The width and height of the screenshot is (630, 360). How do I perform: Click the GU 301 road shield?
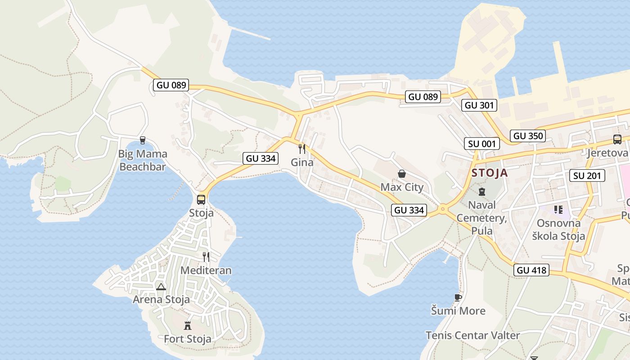480,106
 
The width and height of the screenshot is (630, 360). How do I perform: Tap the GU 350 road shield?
528,136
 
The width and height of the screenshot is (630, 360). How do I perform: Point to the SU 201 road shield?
588,175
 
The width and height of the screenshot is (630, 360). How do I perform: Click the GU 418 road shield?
531,270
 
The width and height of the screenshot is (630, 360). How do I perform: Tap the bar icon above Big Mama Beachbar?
143,140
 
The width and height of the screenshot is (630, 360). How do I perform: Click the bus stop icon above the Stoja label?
201,199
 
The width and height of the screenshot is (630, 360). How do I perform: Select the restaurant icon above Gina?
302,149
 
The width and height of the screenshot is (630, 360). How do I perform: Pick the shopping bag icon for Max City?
402,174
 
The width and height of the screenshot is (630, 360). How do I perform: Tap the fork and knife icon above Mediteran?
206,257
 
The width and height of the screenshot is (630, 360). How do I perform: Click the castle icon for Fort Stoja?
188,325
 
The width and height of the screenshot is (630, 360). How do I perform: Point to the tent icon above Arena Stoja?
161,287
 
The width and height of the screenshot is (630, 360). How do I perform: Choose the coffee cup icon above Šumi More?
458,297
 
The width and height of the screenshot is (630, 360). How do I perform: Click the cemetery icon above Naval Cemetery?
482,192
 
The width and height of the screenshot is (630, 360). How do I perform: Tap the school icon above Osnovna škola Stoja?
558,210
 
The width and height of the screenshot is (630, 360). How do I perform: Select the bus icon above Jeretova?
617,139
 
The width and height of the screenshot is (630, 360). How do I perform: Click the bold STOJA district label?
490,173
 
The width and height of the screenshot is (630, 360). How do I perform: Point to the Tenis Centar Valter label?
472,335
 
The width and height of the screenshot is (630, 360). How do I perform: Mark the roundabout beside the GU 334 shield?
443,209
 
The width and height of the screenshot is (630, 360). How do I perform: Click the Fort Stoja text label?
188,339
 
